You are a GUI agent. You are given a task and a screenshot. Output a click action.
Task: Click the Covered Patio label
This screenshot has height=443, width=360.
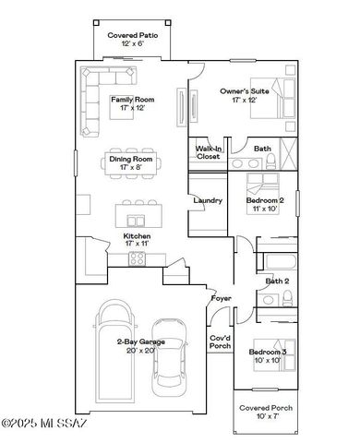tap(133, 39)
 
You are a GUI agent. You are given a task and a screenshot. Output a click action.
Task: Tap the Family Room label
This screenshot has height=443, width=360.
tap(133, 103)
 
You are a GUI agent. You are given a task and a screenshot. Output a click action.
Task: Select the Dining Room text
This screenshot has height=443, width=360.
tap(133, 163)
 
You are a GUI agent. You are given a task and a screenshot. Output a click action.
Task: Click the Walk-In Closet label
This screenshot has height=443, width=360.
tap(208, 152)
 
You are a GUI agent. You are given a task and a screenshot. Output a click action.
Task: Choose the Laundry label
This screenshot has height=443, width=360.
tap(207, 200)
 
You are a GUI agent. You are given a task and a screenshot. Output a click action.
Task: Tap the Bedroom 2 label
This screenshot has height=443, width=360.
tap(264, 204)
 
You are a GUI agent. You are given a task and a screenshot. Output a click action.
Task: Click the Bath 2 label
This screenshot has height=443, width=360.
tap(277, 281)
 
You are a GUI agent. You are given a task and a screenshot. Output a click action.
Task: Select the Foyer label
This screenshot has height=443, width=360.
tap(221, 298)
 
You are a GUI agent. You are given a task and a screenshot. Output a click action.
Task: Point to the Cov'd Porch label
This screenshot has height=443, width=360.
tap(221, 342)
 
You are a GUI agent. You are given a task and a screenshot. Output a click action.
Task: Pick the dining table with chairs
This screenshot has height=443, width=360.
tap(133, 163)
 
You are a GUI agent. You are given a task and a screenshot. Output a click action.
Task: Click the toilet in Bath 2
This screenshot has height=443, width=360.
tap(287, 296)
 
